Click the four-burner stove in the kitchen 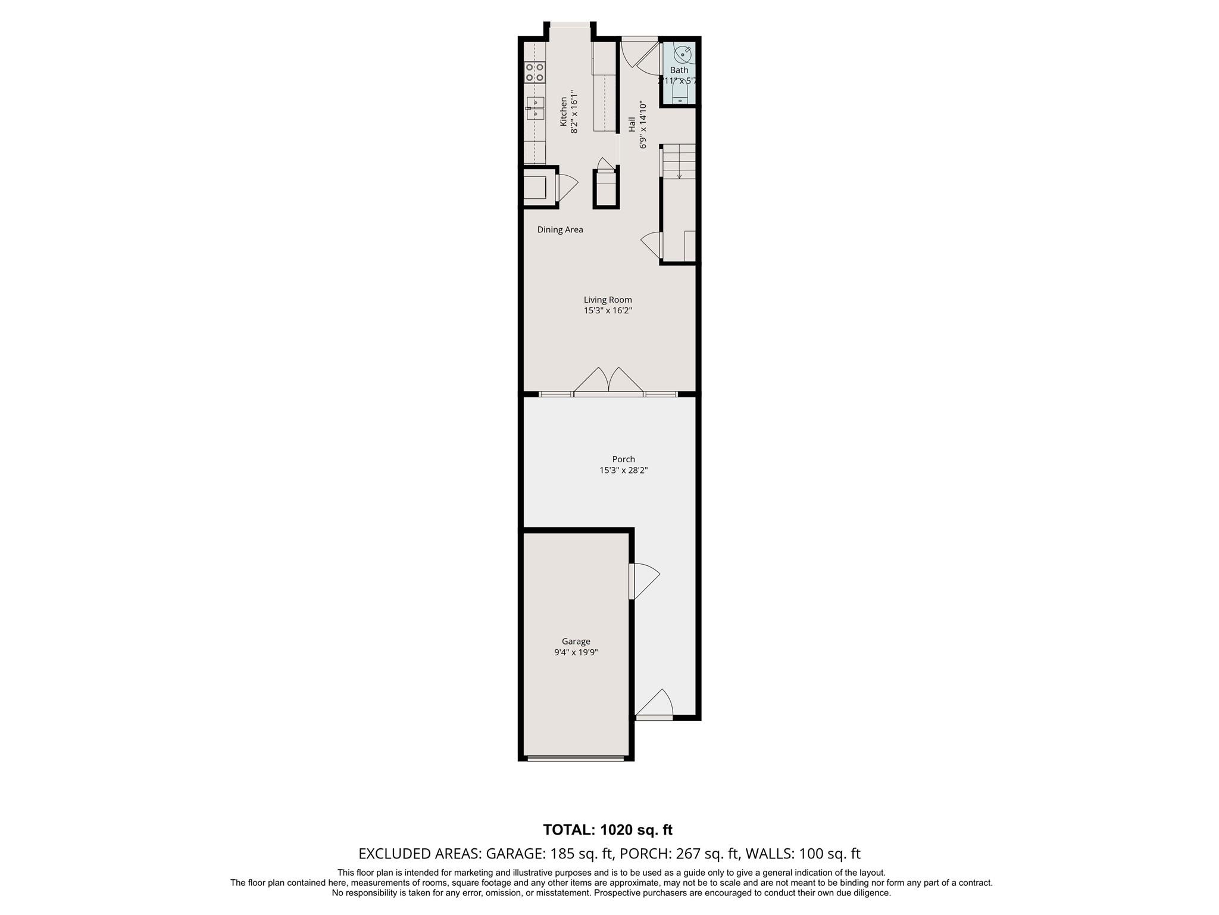[118, 72]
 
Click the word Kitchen [563, 111]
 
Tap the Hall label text [632, 125]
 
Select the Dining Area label [560, 229]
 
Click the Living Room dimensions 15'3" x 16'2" [608, 310]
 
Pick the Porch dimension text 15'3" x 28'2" [623, 470]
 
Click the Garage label [576, 641]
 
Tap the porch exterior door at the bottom [654, 704]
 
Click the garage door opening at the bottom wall [576, 758]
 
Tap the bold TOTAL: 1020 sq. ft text [608, 829]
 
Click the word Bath [679, 70]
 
